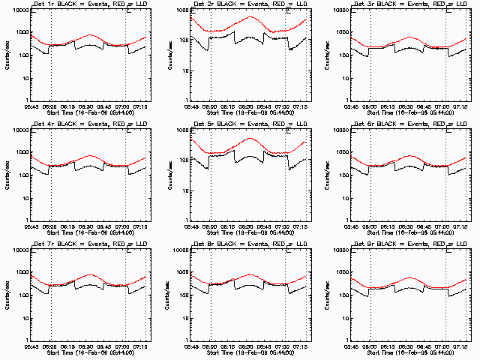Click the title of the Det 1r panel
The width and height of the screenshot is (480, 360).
[88, 5]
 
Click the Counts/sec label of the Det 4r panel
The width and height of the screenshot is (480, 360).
[6, 175]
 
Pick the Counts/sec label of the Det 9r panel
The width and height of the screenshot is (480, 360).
[326, 294]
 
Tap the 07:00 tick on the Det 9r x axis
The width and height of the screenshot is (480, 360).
[445, 346]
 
